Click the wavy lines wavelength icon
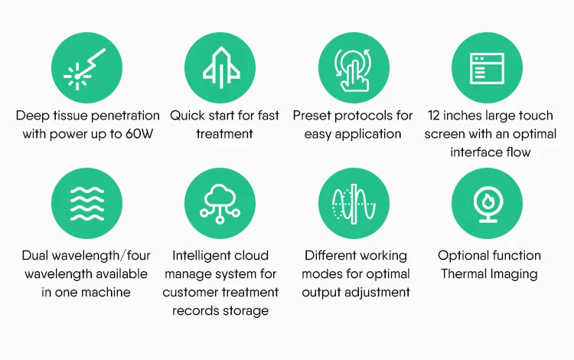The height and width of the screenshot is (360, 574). point(86,205)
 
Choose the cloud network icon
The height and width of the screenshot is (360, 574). point(220,205)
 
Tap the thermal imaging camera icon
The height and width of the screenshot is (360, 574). point(488,205)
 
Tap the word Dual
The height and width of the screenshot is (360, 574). point(38,256)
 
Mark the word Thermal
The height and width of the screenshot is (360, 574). point(465,273)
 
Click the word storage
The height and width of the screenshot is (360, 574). point(243,310)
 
